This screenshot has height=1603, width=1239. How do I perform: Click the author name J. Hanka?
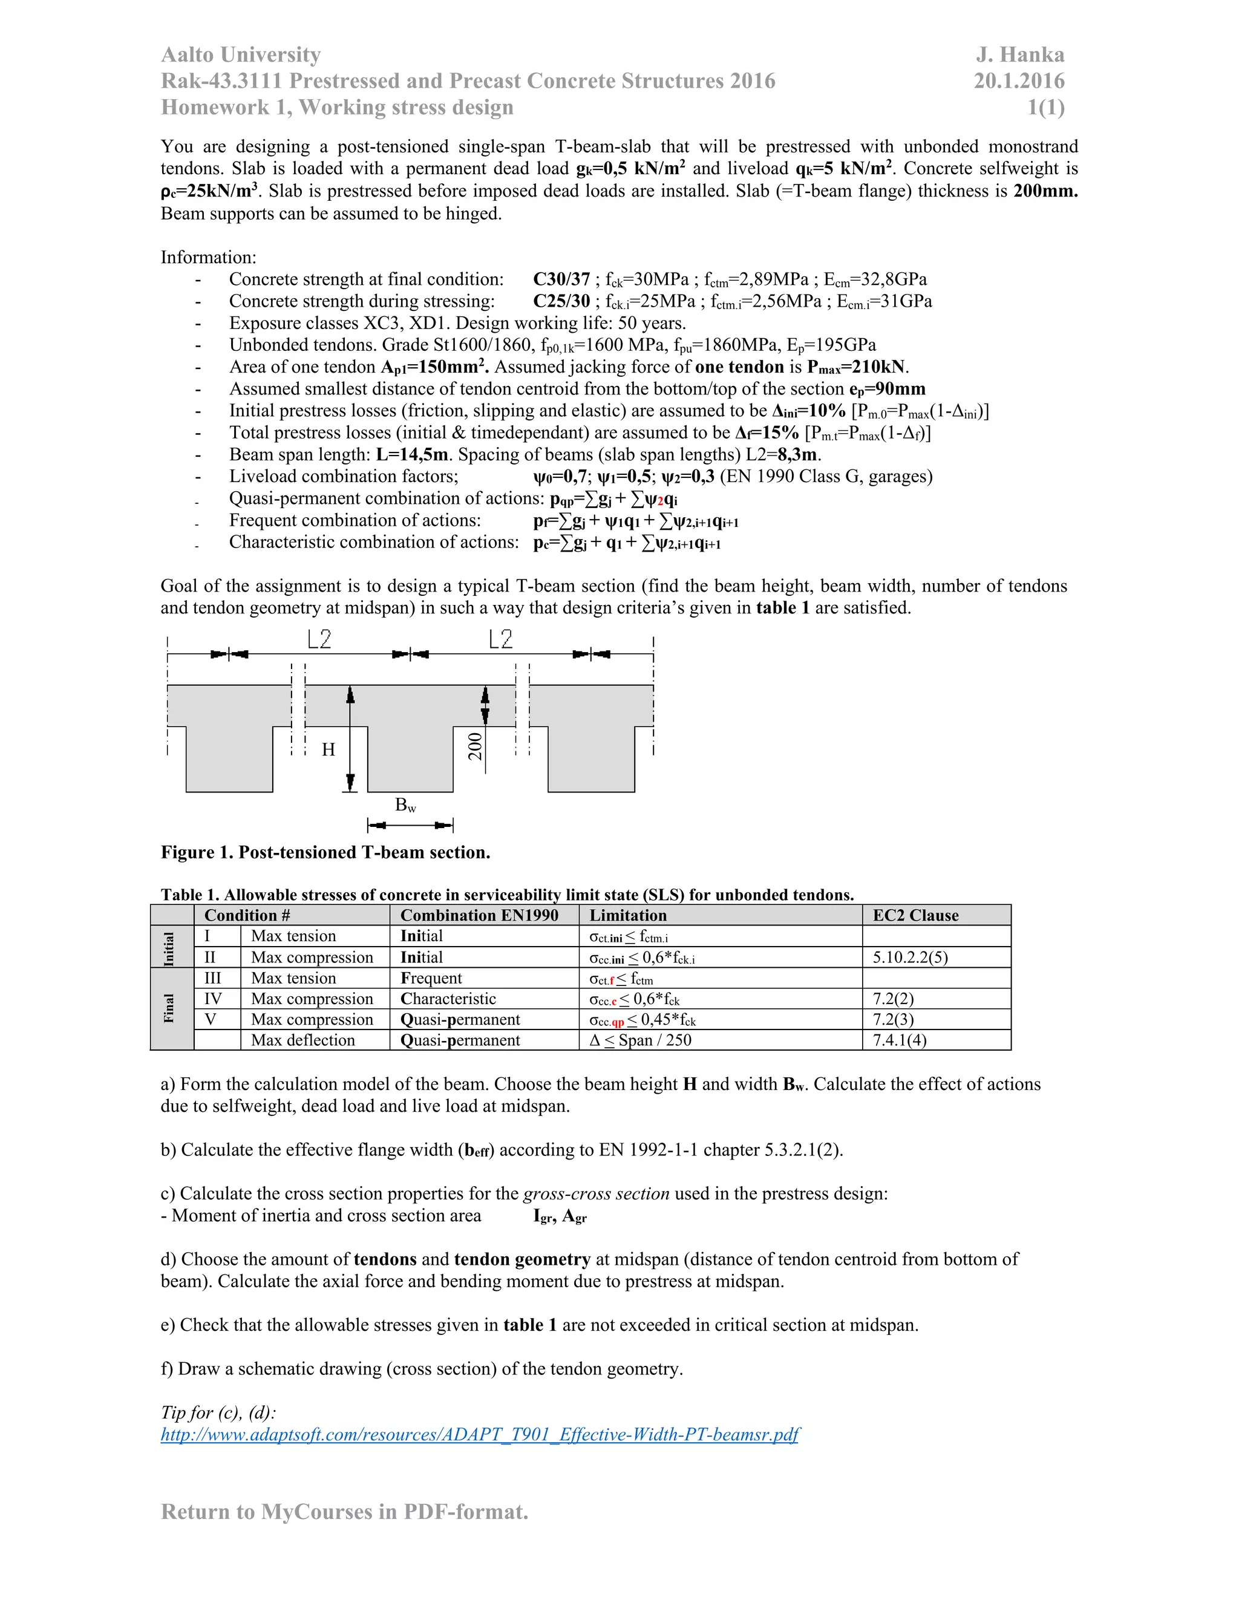pyautogui.click(x=1019, y=55)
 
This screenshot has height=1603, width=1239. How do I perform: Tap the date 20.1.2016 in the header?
pyautogui.click(x=1019, y=80)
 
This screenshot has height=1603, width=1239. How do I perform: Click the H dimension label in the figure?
pyautogui.click(x=328, y=749)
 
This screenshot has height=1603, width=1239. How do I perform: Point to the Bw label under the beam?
pyautogui.click(x=405, y=805)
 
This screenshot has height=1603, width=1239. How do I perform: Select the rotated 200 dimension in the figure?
pyautogui.click(x=476, y=746)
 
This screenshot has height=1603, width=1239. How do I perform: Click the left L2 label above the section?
pyautogui.click(x=319, y=639)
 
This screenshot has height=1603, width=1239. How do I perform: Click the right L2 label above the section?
pyautogui.click(x=500, y=639)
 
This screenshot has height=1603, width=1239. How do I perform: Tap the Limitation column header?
pyautogui.click(x=629, y=915)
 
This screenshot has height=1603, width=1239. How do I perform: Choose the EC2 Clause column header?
pyautogui.click(x=915, y=915)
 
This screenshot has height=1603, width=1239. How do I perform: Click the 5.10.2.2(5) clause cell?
pyautogui.click(x=910, y=957)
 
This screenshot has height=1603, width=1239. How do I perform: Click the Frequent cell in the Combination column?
pyautogui.click(x=431, y=978)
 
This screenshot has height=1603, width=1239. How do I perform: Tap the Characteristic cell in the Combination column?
pyautogui.click(x=448, y=999)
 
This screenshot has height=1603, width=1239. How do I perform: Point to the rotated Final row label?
pyautogui.click(x=169, y=1008)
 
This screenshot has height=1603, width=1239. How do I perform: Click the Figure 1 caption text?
pyautogui.click(x=325, y=852)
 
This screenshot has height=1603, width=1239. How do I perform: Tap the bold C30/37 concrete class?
pyautogui.click(x=561, y=279)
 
